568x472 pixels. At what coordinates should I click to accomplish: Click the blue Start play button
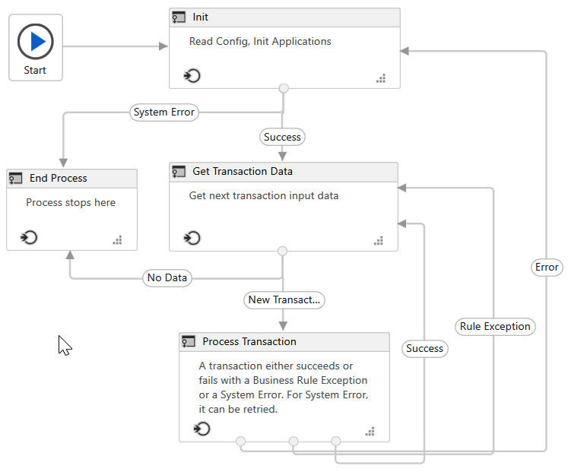tap(36, 40)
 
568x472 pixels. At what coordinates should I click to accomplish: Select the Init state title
tap(201, 17)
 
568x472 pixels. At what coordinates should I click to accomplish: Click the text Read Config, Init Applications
tap(260, 42)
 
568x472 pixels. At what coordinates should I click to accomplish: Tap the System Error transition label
tap(163, 112)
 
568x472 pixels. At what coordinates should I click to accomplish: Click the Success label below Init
tap(282, 138)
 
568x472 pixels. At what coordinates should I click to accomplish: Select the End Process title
tap(59, 178)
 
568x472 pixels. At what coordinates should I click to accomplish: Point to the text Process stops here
tap(71, 203)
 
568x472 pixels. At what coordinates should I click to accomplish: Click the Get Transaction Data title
tap(243, 172)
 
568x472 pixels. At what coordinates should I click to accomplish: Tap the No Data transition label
tap(167, 278)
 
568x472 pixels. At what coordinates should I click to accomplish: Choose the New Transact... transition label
tap(284, 300)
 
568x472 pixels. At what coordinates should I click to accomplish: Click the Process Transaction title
tap(249, 341)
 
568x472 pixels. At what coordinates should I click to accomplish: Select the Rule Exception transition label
tap(495, 327)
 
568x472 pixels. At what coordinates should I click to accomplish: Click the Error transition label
tap(547, 267)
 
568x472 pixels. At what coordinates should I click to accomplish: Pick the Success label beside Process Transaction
tap(424, 349)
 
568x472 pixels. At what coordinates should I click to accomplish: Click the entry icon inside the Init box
tap(192, 75)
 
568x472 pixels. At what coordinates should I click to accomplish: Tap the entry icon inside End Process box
tap(30, 238)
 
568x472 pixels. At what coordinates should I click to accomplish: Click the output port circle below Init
tap(284, 88)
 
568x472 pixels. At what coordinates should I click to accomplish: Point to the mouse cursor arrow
tap(64, 345)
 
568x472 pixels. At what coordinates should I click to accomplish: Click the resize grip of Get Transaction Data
tap(379, 241)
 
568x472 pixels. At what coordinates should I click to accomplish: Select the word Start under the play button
tap(35, 70)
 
